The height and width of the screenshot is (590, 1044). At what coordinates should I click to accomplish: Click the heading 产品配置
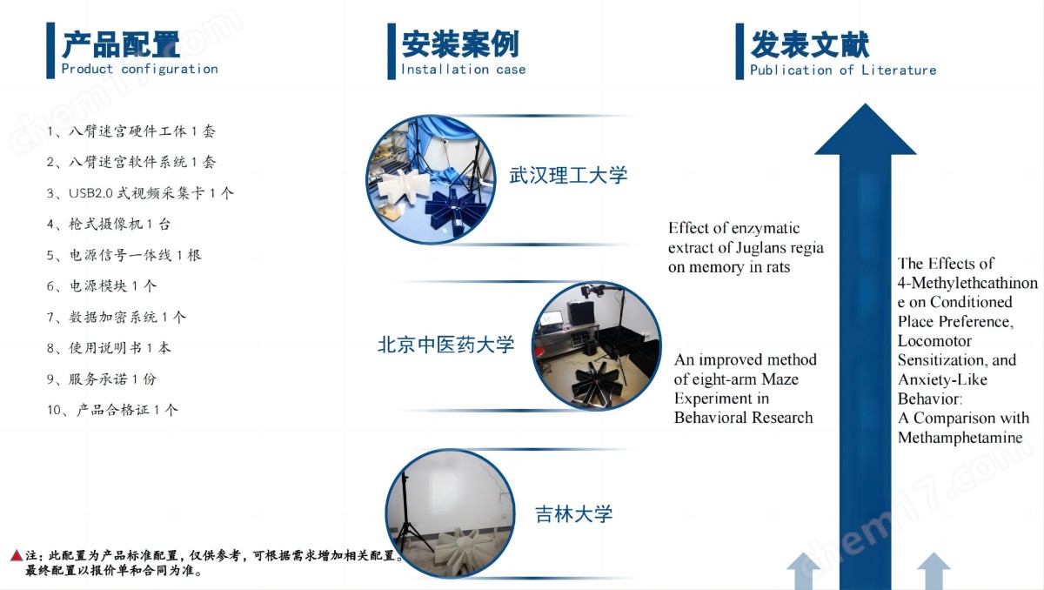121,44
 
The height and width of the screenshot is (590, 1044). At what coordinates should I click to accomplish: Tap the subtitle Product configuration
139,69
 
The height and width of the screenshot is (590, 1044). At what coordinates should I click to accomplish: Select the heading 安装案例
460,44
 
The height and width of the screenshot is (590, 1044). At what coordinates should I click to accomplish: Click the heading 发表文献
810,44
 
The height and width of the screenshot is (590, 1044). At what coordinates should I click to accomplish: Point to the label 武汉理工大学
568,175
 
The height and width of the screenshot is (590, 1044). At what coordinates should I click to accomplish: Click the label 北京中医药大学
445,345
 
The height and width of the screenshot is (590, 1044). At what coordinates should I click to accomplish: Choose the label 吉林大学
573,514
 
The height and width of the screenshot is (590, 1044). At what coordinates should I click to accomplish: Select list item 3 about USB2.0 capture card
140,193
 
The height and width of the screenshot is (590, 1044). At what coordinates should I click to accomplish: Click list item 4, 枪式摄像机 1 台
108,225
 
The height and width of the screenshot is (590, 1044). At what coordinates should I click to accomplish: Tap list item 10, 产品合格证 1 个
112,410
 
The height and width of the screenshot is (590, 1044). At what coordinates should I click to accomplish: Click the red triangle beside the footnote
17,555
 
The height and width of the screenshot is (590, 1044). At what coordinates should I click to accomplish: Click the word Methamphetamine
960,438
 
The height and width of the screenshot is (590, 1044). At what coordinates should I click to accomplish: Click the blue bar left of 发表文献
739,51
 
